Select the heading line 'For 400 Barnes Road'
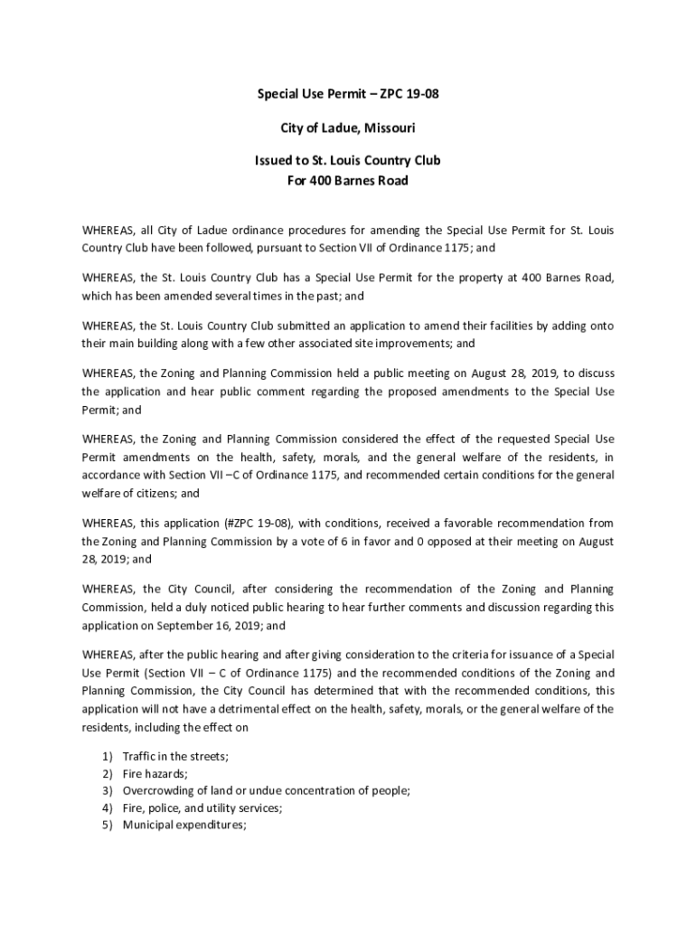click(x=347, y=181)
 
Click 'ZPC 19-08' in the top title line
click(x=410, y=94)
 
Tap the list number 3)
click(x=107, y=790)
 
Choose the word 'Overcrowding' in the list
click(x=156, y=790)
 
